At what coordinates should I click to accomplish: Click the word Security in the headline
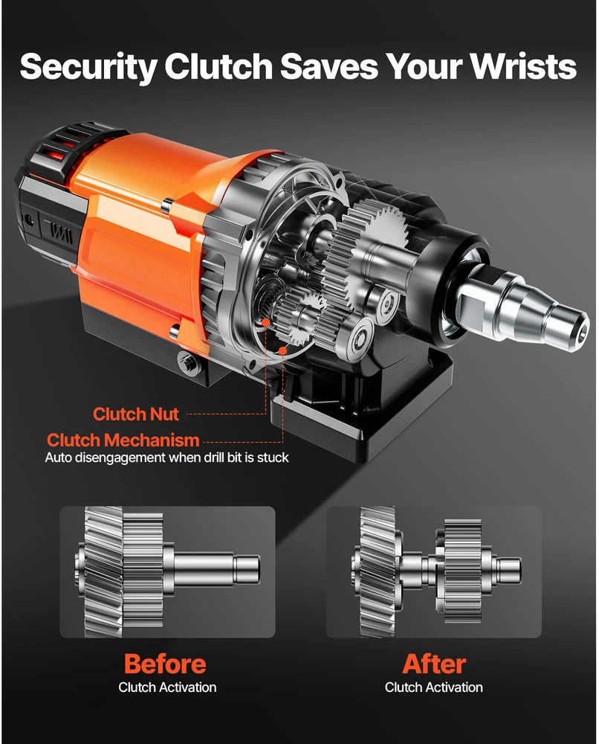(x=88, y=67)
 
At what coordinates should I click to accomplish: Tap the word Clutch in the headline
(x=218, y=65)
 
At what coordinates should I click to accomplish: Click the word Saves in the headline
(x=329, y=65)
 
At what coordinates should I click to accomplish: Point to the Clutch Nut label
(x=135, y=414)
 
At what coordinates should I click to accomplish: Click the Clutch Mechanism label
(x=123, y=440)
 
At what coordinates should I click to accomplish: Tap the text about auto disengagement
(x=166, y=458)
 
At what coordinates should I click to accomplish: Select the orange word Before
(x=165, y=664)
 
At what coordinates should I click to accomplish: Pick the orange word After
(x=433, y=664)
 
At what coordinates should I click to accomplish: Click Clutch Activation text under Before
(x=167, y=687)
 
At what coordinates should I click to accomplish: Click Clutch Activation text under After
(x=433, y=687)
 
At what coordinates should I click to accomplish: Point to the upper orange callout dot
(x=266, y=322)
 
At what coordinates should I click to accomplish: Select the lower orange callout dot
(x=283, y=350)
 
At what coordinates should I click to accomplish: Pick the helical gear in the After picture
(x=378, y=571)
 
